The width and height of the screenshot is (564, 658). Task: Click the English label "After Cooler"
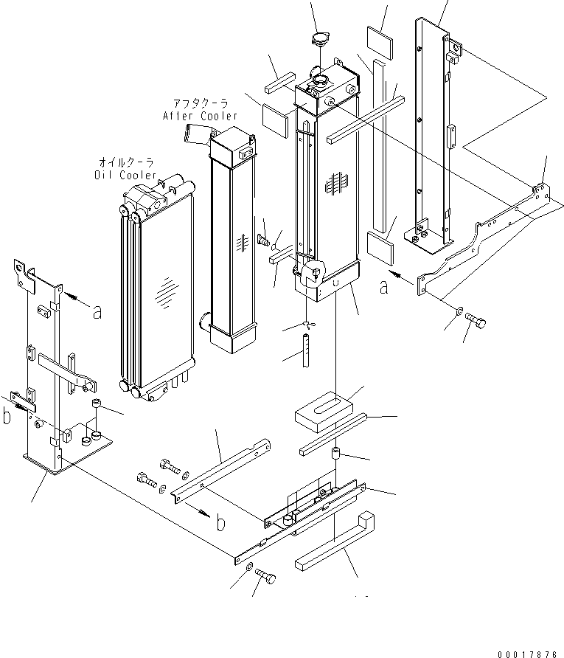[200, 116]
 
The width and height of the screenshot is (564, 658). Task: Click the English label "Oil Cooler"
[125, 175]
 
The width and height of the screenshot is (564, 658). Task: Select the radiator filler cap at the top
[319, 41]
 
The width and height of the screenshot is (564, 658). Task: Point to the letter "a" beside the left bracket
[97, 311]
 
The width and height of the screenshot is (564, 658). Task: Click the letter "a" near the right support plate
[383, 288]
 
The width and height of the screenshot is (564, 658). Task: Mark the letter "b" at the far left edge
[7, 417]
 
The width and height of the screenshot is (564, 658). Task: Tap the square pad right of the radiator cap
[380, 38]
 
